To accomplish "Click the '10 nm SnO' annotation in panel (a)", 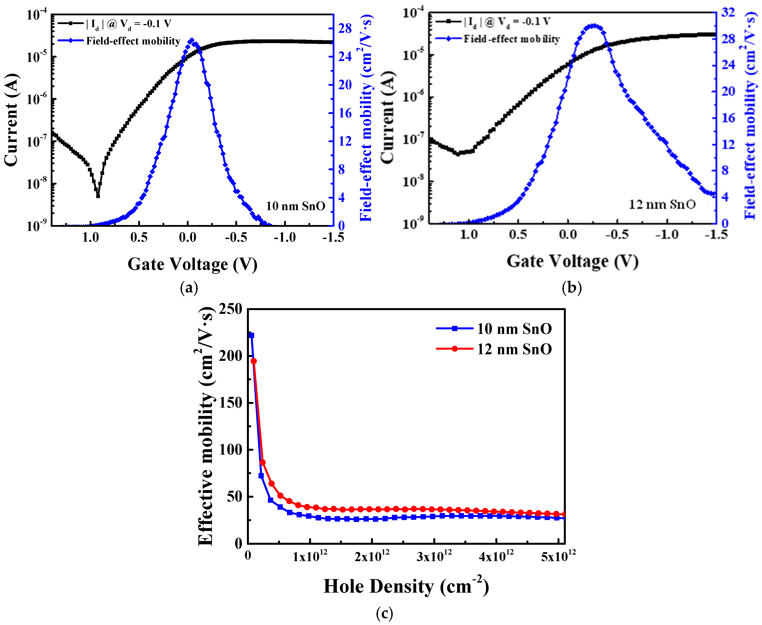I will [x=295, y=206].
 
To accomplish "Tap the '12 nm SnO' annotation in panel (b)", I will [x=662, y=204].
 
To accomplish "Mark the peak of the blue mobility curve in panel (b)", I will [x=592, y=26].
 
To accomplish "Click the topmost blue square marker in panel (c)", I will [x=251, y=335].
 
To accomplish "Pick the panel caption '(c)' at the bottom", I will [x=384, y=613].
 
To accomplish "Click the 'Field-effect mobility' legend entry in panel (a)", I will [x=133, y=41].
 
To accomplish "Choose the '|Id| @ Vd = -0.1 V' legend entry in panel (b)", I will [x=507, y=22].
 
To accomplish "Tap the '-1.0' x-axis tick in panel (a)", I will [x=285, y=238].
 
